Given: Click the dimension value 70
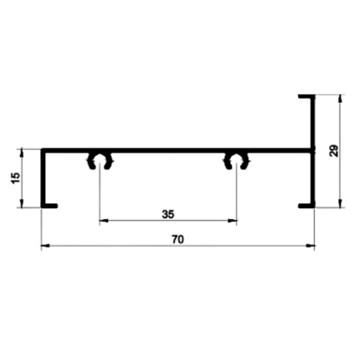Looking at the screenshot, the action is [x=178, y=239].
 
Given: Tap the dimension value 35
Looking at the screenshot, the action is [x=168, y=214].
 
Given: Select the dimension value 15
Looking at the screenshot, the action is [x=16, y=178].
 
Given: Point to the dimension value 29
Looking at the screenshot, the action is [x=334, y=151].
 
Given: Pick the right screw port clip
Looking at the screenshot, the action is [x=237, y=161].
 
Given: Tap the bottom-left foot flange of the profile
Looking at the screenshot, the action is [x=49, y=206].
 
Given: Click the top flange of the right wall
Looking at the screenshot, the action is [x=306, y=96].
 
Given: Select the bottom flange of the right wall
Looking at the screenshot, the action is [x=306, y=206].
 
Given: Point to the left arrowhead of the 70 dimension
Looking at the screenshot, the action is [x=45, y=246].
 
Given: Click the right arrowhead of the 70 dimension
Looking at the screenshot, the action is [x=311, y=246].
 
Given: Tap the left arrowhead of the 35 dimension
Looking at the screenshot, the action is [x=104, y=221].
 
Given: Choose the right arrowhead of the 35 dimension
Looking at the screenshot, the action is [x=233, y=221].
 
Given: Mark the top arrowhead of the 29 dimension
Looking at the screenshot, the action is [x=340, y=99].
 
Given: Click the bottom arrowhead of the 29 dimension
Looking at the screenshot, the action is [x=340, y=203].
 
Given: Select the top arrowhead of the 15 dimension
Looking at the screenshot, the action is [x=22, y=153].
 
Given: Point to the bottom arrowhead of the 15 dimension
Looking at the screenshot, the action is [x=22, y=203].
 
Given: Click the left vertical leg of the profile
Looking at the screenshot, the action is [x=44, y=178].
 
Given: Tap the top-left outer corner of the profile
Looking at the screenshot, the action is [x=41, y=149].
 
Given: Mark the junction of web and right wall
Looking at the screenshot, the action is [x=313, y=151].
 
